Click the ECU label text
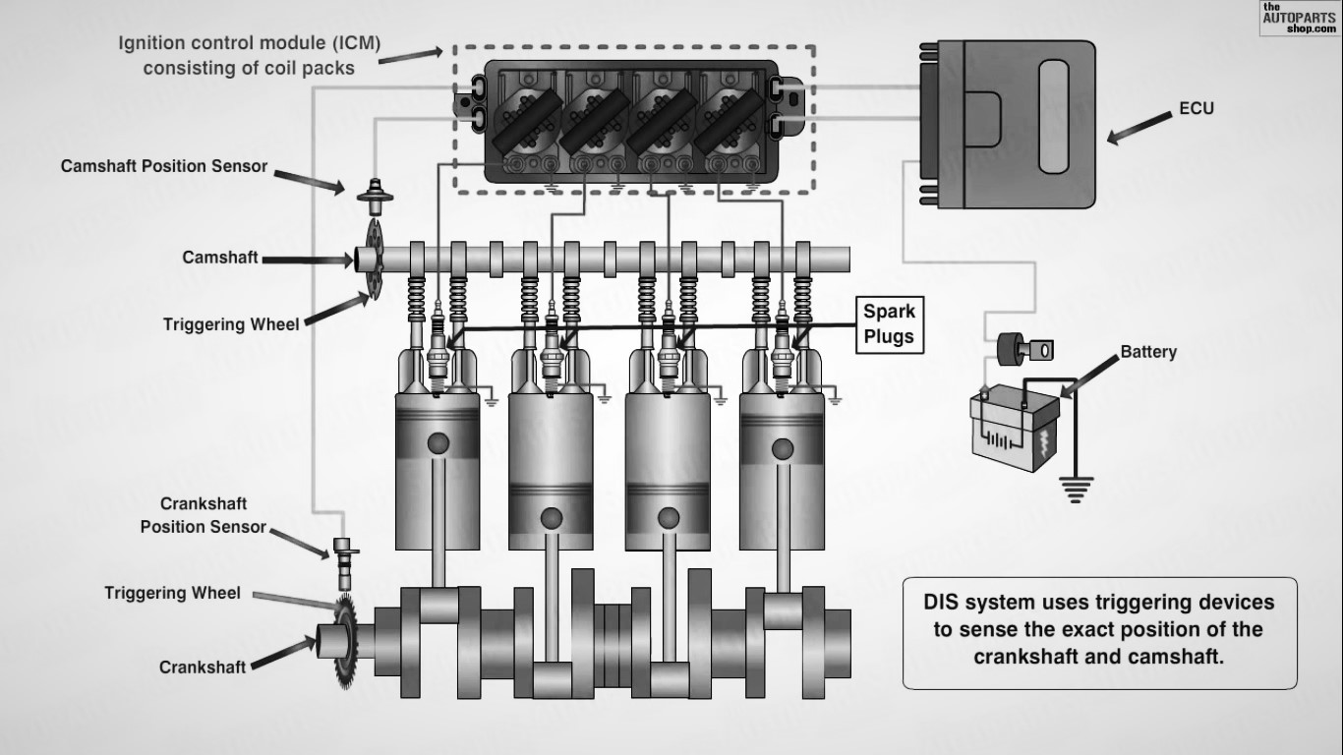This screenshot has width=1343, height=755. tap(1196, 108)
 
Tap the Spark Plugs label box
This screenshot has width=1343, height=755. tap(889, 324)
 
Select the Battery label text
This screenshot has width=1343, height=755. tap(1148, 352)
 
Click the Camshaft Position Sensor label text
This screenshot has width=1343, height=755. tap(164, 166)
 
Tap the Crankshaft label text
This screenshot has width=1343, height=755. tap(203, 668)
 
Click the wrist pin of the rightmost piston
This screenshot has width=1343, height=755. tap(783, 449)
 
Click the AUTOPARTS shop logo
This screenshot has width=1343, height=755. tap(1299, 18)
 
